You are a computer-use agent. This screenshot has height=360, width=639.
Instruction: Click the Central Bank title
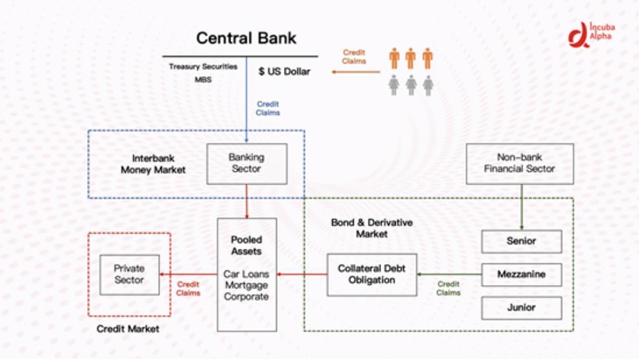pos(246,38)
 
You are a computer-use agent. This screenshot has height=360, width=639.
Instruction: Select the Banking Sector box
pos(246,163)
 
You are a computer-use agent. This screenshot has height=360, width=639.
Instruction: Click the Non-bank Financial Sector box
pos(520,163)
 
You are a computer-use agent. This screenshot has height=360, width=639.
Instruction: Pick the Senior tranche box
pos(521,241)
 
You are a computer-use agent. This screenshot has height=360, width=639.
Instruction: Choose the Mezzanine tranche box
pos(521,275)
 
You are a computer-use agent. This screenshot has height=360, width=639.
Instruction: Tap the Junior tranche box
pos(521,308)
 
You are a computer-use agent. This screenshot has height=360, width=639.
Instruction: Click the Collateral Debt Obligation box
pos(372,274)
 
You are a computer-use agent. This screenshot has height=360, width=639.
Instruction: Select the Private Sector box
pos(129,274)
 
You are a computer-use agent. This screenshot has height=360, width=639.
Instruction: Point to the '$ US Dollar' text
pos(284,72)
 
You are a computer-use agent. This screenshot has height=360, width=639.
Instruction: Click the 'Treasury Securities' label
pos(203,67)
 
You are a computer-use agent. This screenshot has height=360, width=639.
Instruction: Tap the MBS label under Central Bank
pos(203,80)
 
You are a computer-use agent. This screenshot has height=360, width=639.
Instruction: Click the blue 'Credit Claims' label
pos(267,108)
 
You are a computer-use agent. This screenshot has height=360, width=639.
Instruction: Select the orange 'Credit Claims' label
pos(354,57)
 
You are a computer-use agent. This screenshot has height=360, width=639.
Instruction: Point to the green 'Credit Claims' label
pos(448,288)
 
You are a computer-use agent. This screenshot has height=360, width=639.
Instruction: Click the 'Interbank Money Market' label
pos(153,164)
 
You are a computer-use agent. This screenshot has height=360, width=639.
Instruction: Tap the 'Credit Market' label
pos(128,329)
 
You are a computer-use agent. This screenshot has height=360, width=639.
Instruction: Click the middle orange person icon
pos(410,58)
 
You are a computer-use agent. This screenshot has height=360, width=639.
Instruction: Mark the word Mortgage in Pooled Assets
pos(246,286)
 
